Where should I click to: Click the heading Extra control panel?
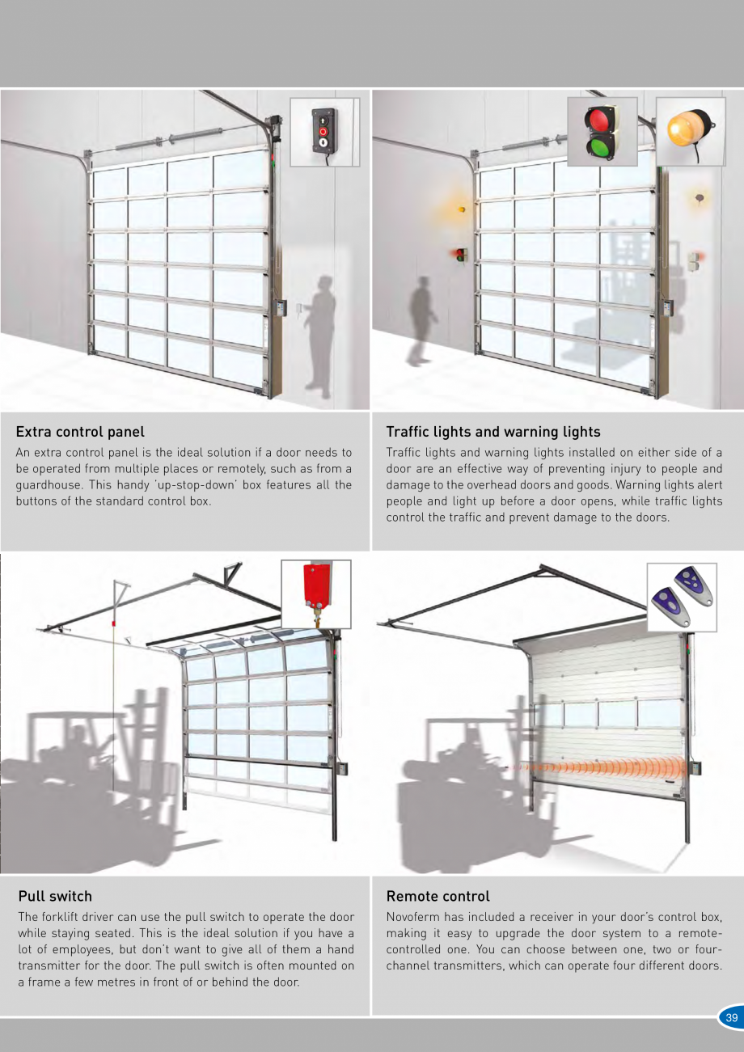[x=80, y=432]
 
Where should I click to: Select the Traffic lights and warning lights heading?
[x=493, y=432]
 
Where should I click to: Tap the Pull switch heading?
[x=55, y=897]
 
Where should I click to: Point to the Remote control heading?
[x=438, y=897]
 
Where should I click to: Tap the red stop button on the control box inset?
[x=323, y=132]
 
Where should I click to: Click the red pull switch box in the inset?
[x=315, y=587]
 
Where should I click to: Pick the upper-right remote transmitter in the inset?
[x=694, y=586]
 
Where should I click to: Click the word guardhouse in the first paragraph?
[x=49, y=485]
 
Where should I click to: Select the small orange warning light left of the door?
[x=462, y=209]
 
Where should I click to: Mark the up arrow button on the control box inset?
[x=323, y=120]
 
